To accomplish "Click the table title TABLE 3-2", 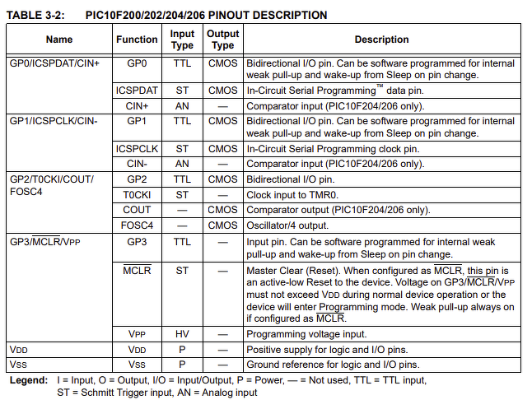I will pyautogui.click(x=35, y=15).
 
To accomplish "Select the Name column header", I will pyautogui.click(x=58, y=40).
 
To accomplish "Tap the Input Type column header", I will pyautogui.click(x=182, y=40).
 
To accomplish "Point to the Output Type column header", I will pyautogui.click(x=222, y=40).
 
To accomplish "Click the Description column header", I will pyautogui.click(x=381, y=40).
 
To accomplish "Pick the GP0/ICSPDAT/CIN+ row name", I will pyautogui.click(x=54, y=63).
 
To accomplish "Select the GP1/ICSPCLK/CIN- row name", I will pyautogui.click(x=54, y=121).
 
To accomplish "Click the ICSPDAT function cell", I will pyautogui.click(x=137, y=91).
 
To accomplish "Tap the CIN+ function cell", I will pyautogui.click(x=137, y=106).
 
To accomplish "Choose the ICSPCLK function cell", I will pyautogui.click(x=137, y=149).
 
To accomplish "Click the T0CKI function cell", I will pyautogui.click(x=137, y=195).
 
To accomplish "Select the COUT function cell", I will pyautogui.click(x=137, y=210).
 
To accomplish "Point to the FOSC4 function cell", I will pyautogui.click(x=137, y=225).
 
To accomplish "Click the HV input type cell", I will pyautogui.click(x=182, y=334).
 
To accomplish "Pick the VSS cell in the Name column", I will pyautogui.click(x=17, y=364).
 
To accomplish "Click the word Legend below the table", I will pyautogui.click(x=27, y=380).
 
